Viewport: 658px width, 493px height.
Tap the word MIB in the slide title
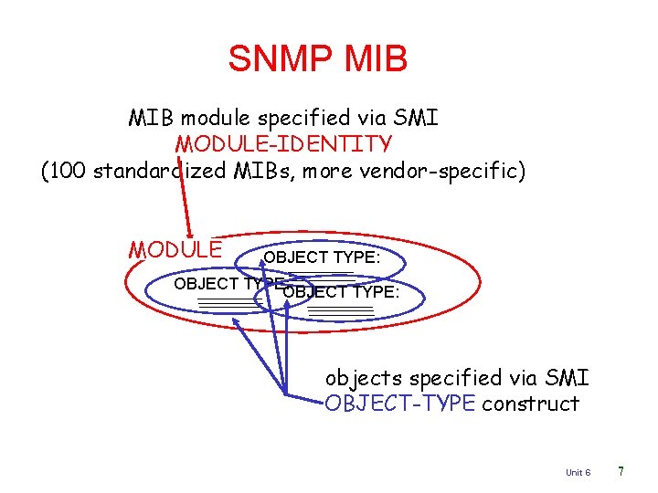tap(376, 58)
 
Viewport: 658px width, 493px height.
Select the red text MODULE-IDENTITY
tap(284, 144)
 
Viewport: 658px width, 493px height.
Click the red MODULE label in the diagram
tap(175, 249)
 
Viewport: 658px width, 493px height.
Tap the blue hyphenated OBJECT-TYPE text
tap(400, 404)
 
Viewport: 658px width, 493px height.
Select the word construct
tap(531, 404)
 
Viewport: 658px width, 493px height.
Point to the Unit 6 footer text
tap(578, 472)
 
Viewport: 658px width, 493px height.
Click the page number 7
tap(621, 471)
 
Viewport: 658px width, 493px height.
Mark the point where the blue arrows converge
tap(287, 394)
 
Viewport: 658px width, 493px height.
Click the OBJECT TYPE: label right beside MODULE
tap(322, 257)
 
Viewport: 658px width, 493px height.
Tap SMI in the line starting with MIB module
tap(418, 118)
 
